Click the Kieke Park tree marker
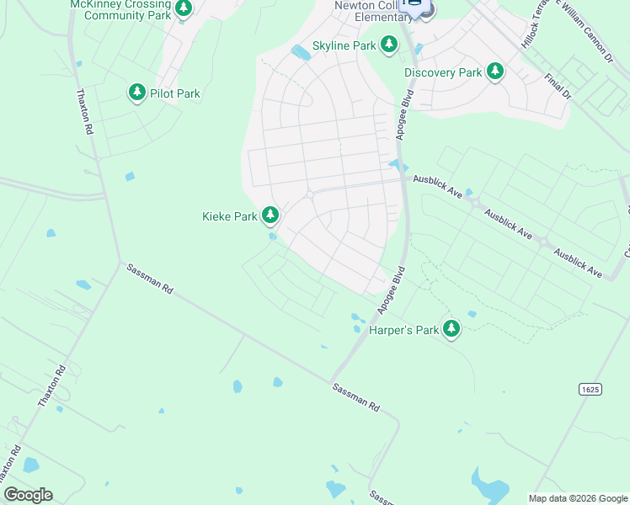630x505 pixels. (270, 216)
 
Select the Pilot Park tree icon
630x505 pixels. (137, 93)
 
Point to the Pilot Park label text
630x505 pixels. (175, 93)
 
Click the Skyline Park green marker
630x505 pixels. (388, 44)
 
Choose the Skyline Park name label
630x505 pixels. (344, 45)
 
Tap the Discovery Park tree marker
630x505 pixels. (496, 72)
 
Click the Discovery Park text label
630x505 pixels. (443, 73)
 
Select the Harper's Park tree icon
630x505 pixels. (452, 329)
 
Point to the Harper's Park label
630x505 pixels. (404, 331)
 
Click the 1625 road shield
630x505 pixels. (590, 388)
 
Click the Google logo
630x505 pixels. (28, 495)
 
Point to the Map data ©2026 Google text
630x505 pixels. (578, 498)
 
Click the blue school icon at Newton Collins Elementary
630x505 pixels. (414, 5)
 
